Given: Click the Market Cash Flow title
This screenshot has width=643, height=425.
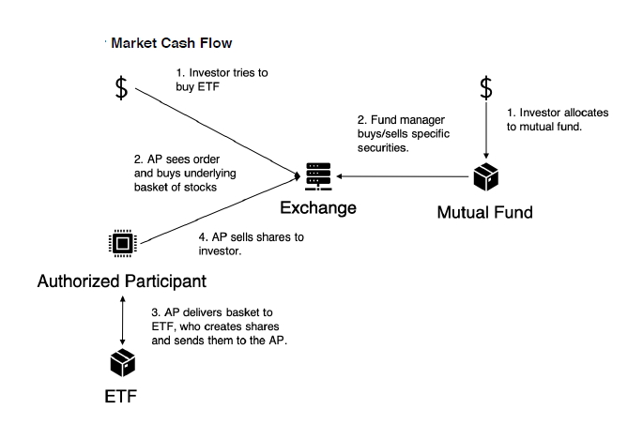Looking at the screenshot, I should (x=171, y=43).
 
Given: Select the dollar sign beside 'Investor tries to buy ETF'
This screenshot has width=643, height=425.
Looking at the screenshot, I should (x=121, y=88).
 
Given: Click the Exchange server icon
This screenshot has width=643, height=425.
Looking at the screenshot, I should (x=318, y=175).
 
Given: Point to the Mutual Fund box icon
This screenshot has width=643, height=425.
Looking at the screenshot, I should (x=485, y=175).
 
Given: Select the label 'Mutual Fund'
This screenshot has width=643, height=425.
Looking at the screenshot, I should (x=485, y=212).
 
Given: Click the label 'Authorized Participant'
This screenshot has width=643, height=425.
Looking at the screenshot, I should (x=121, y=281).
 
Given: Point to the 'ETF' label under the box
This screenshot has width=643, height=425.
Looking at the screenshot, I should (x=121, y=396).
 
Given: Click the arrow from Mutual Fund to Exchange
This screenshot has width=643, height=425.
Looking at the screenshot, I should (x=404, y=175).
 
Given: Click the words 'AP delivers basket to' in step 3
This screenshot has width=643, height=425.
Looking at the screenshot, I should (x=224, y=312).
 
